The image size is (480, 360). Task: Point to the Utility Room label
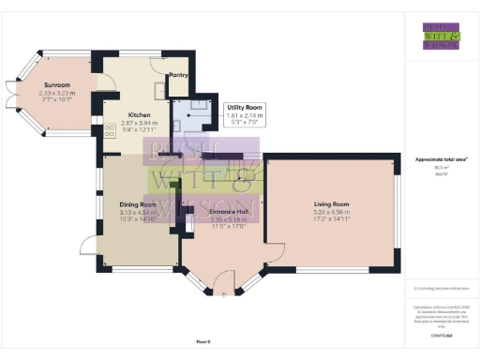[243, 109]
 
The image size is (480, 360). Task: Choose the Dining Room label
[137, 203]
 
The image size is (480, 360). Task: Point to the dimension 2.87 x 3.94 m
[140, 122]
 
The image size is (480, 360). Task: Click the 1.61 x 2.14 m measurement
[243, 116]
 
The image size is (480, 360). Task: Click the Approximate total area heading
[441, 160]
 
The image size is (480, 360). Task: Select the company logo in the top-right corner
[441, 35]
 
